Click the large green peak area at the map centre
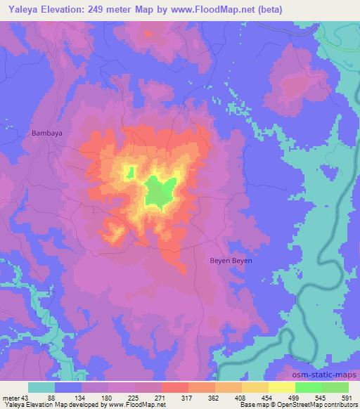[160, 191]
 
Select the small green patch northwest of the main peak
[129, 171]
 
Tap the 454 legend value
[268, 398]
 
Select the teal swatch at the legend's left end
[41, 387]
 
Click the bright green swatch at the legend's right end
[335, 387]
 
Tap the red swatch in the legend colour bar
[174, 387]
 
